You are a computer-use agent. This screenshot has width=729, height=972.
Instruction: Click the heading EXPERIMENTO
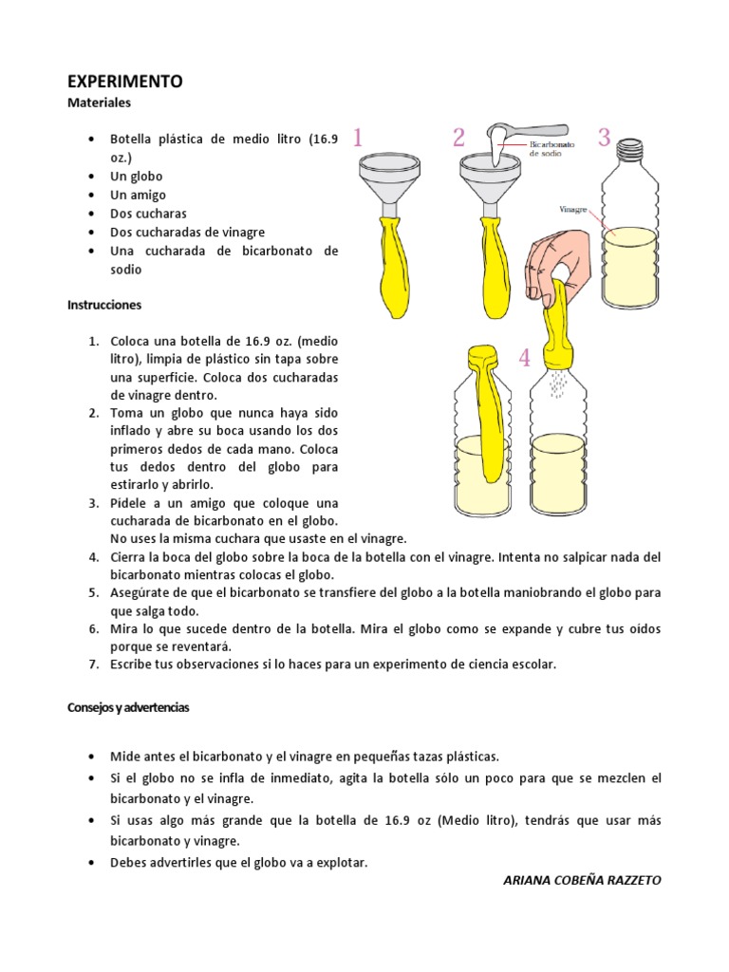click(124, 83)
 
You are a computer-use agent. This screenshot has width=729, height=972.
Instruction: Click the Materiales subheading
click(99, 102)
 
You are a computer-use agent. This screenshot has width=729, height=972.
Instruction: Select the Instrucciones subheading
click(104, 306)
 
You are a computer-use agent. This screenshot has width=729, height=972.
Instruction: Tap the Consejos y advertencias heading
click(128, 708)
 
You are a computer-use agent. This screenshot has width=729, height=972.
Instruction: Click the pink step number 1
click(358, 139)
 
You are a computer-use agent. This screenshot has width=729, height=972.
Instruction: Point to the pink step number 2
click(458, 139)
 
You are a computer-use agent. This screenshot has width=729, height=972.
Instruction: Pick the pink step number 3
click(604, 138)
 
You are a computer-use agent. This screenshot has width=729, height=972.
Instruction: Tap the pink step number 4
click(524, 358)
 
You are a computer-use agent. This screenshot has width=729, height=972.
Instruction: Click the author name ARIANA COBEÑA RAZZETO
click(581, 880)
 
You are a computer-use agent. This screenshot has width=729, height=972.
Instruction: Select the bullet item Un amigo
click(138, 195)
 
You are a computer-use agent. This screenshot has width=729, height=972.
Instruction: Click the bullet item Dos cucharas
click(148, 214)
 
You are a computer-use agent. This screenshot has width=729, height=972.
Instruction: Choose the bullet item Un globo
click(137, 177)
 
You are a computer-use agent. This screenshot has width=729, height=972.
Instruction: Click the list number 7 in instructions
click(94, 664)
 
